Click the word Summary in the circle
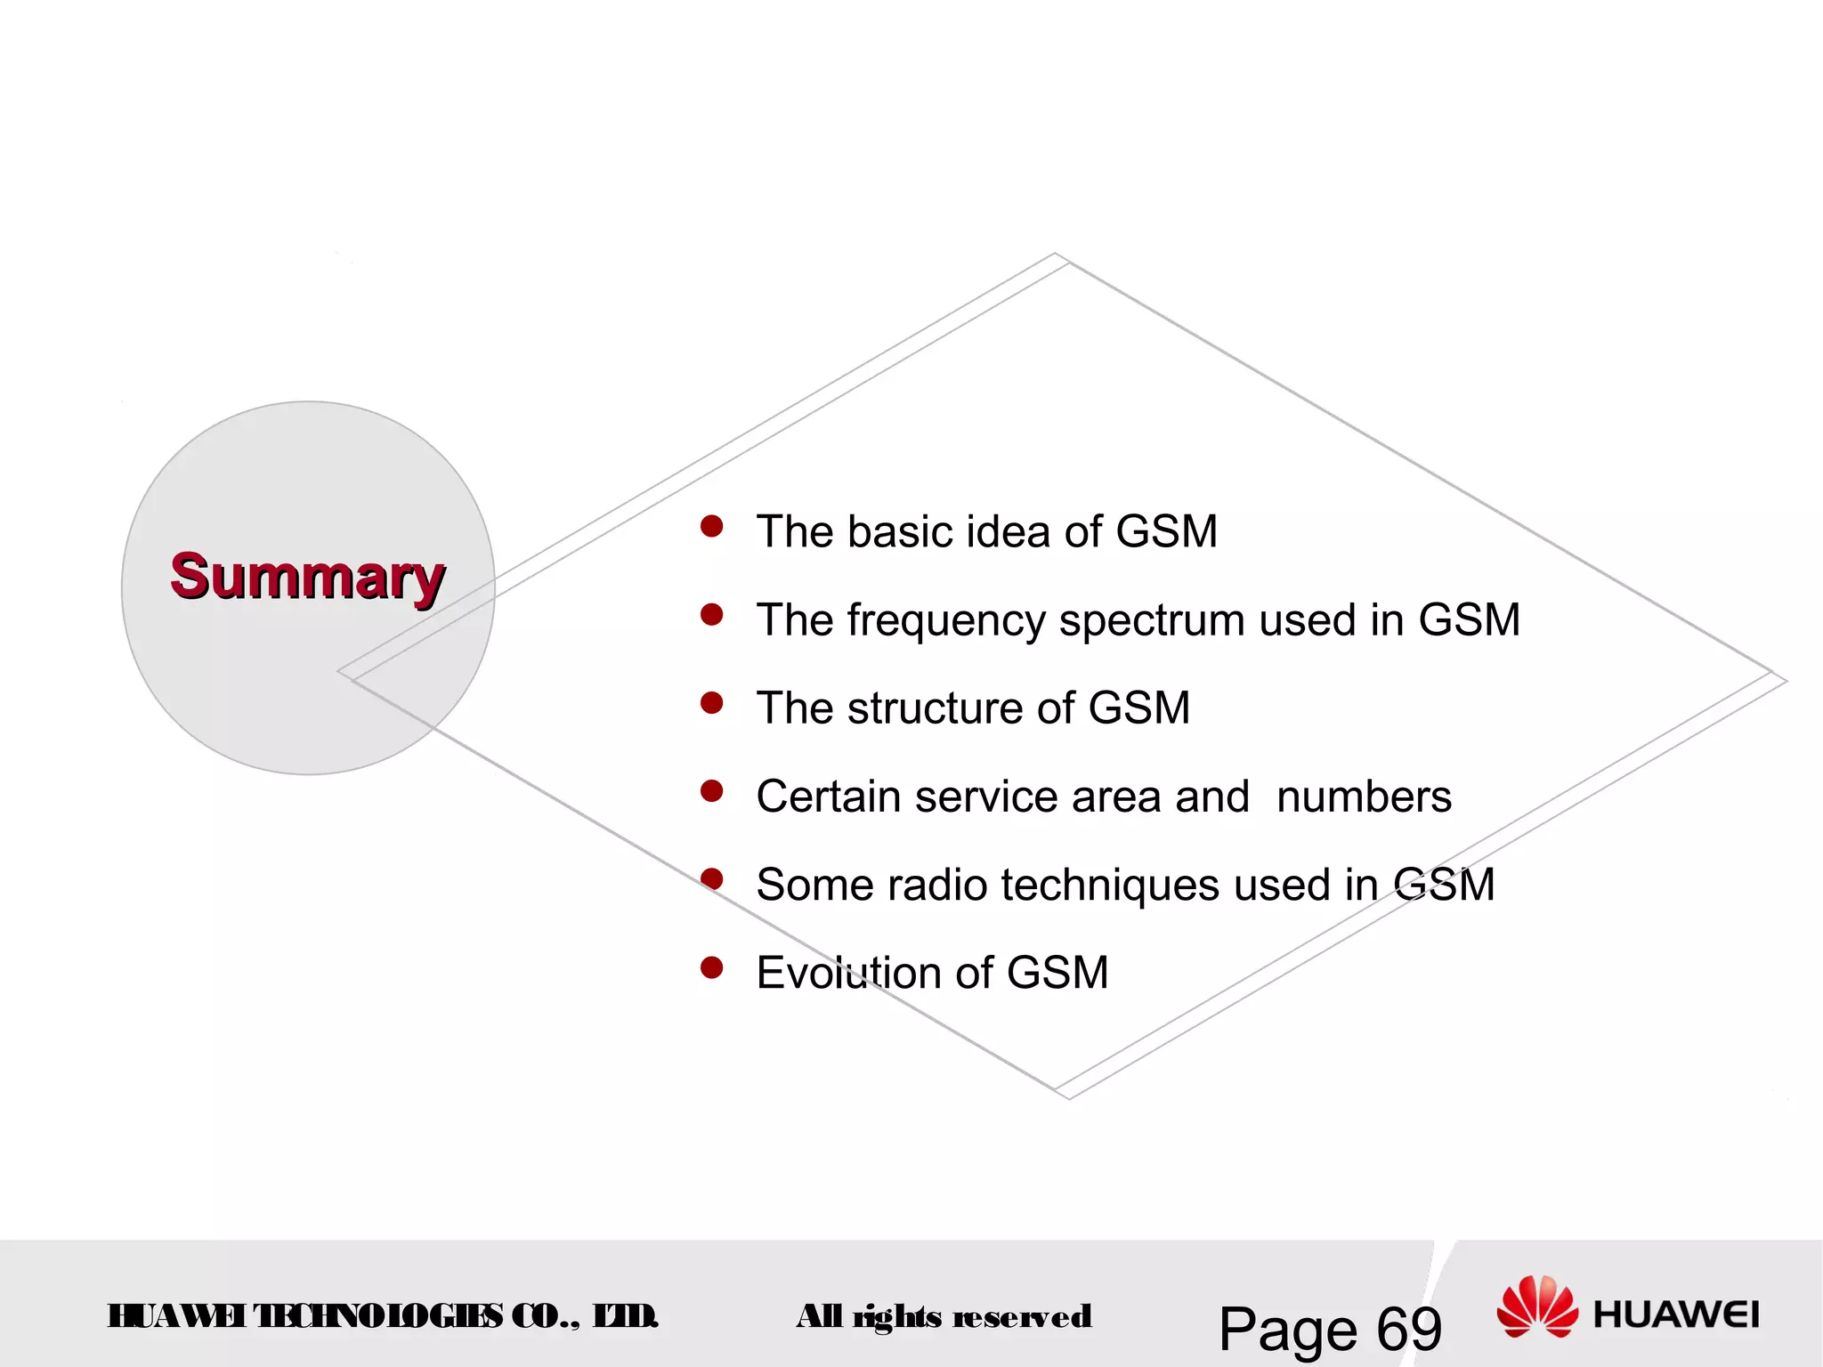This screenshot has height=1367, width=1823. coord(307,578)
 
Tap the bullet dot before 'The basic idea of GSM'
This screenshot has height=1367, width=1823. coord(711,527)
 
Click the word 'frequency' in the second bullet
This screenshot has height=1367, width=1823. coord(946,620)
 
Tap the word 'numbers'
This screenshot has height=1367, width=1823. coord(1363,797)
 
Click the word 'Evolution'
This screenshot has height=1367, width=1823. coord(848,973)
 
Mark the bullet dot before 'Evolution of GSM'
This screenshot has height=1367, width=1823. coord(711,967)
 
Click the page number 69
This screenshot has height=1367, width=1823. coord(1408,1330)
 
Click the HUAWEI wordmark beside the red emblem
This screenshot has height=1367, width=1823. coord(1675,1314)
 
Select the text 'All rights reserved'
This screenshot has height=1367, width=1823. coord(944,1316)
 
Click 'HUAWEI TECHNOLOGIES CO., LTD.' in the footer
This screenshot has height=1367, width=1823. coord(383,1315)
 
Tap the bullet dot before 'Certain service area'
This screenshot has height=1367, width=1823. coord(711,791)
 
